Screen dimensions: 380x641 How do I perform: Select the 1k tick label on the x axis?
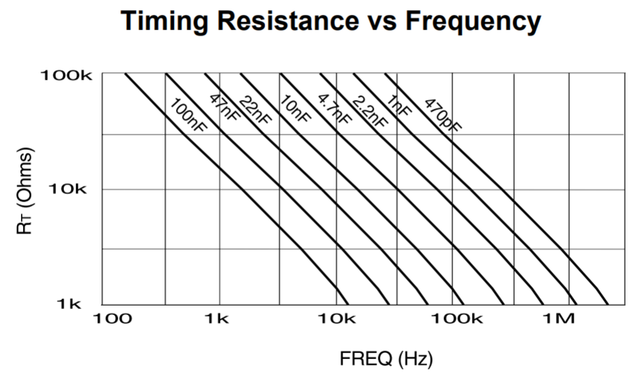point(219,318)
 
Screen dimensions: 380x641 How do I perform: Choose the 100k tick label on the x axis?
point(452,318)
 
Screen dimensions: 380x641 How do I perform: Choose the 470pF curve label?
point(440,115)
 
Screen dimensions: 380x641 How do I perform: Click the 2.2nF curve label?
point(369,111)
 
